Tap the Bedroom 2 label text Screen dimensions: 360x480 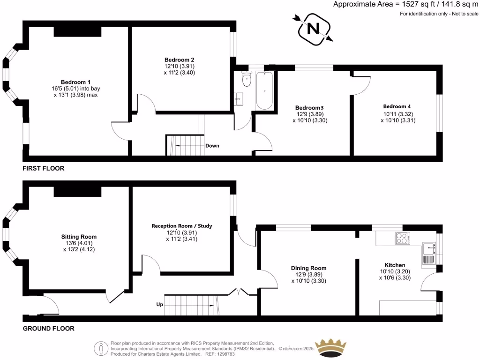179,60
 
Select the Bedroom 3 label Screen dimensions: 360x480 309,107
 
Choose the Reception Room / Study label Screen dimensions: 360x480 182,226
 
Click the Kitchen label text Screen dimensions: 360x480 395,265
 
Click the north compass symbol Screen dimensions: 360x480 313,29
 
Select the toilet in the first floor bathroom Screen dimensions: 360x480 246,80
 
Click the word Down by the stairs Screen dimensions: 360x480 212,146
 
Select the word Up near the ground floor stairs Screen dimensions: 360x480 159,305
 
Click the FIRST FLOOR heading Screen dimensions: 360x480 44,168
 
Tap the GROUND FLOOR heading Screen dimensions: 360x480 49,329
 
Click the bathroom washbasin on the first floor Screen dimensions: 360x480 239,99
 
